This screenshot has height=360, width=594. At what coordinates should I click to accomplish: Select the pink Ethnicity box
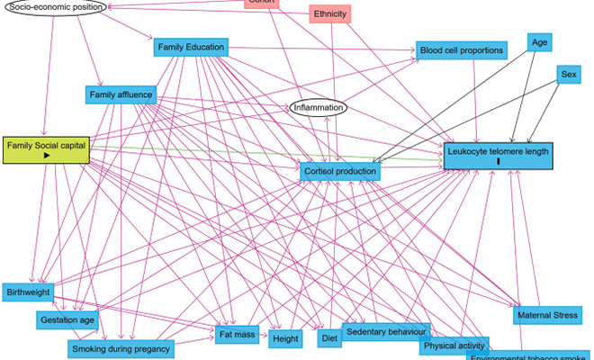329,14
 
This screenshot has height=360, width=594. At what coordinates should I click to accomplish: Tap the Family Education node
190,47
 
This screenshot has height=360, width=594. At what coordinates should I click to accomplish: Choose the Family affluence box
121,94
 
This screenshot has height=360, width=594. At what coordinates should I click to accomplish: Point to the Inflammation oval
318,108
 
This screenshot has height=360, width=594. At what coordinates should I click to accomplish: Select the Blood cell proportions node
462,50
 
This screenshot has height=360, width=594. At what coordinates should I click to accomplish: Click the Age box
539,42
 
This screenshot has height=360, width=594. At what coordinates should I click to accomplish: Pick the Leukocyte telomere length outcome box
497,155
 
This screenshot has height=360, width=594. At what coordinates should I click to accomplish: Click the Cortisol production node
340,170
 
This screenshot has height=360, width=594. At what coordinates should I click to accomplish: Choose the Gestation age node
67,319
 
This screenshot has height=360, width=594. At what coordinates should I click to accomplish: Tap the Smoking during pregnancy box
120,348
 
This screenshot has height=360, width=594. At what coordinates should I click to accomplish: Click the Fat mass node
238,336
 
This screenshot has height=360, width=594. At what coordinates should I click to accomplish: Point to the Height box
285,339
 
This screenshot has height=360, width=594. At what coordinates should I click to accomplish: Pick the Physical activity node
454,346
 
